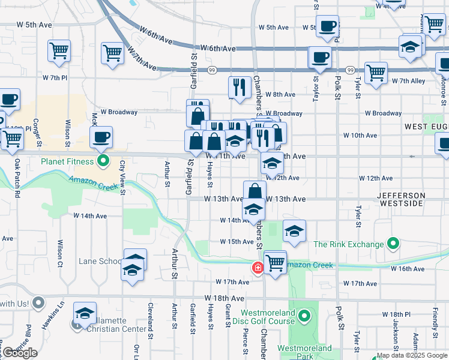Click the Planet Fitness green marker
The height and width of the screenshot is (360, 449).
click(103, 161)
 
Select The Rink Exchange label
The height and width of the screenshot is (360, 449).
click(348, 244)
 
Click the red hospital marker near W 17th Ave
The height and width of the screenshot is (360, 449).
click(258, 267)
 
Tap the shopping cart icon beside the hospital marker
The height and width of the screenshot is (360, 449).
click(275, 262)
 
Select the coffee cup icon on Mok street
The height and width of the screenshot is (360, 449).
click(101, 137)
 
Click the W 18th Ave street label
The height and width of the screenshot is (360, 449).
click(224, 298)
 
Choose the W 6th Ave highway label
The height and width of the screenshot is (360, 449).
click(218, 48)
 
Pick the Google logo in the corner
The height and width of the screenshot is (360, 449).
click(20, 353)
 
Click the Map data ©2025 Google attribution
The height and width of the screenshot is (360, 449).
click(412, 355)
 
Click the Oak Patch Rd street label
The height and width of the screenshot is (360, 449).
click(17, 178)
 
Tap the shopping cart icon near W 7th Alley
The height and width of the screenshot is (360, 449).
click(376, 73)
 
